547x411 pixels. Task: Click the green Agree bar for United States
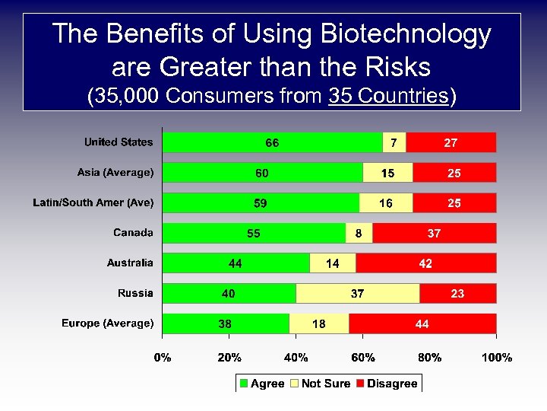point(273,143)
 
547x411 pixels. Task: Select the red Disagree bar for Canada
point(434,234)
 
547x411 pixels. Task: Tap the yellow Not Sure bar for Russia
point(357,294)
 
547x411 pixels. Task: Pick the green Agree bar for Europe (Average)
point(226,324)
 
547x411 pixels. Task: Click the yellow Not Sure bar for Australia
point(333,263)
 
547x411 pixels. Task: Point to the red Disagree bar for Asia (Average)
point(454,174)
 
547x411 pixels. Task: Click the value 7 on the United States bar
point(393,143)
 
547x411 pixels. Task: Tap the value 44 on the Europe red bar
point(422,324)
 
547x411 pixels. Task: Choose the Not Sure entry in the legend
point(324,384)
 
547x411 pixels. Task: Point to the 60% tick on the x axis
point(363,357)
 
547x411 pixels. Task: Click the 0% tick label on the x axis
point(163,357)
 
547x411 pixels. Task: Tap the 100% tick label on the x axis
point(496,357)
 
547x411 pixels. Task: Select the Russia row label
point(135,293)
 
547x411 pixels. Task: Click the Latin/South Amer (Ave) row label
point(93,202)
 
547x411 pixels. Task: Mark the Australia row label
point(130,263)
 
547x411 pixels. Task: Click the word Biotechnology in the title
point(406,34)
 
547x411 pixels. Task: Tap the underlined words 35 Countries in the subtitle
point(388,96)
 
